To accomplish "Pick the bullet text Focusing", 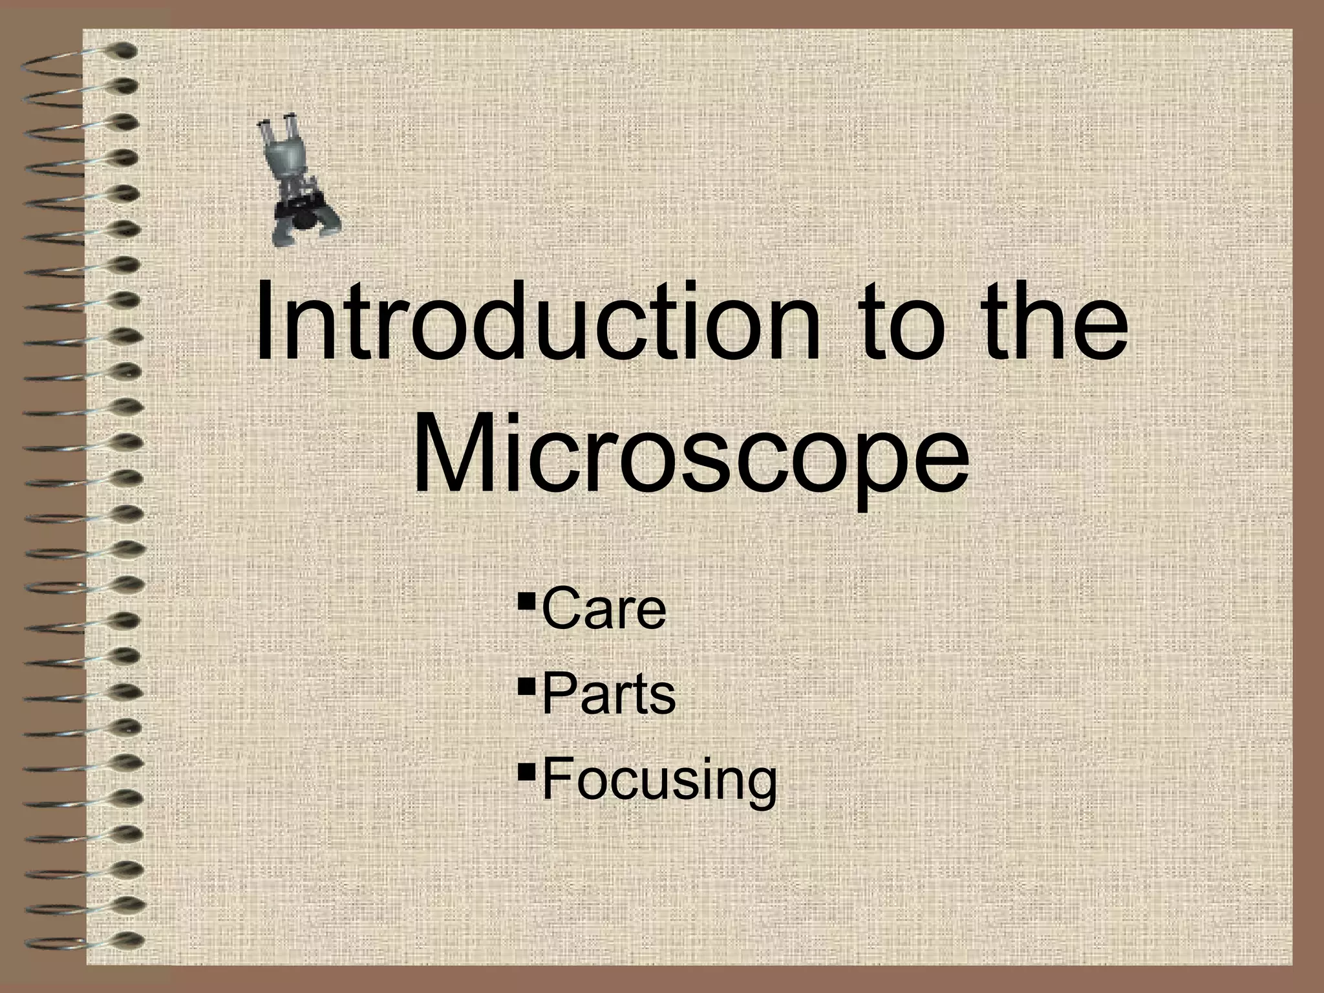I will coord(659,780).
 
